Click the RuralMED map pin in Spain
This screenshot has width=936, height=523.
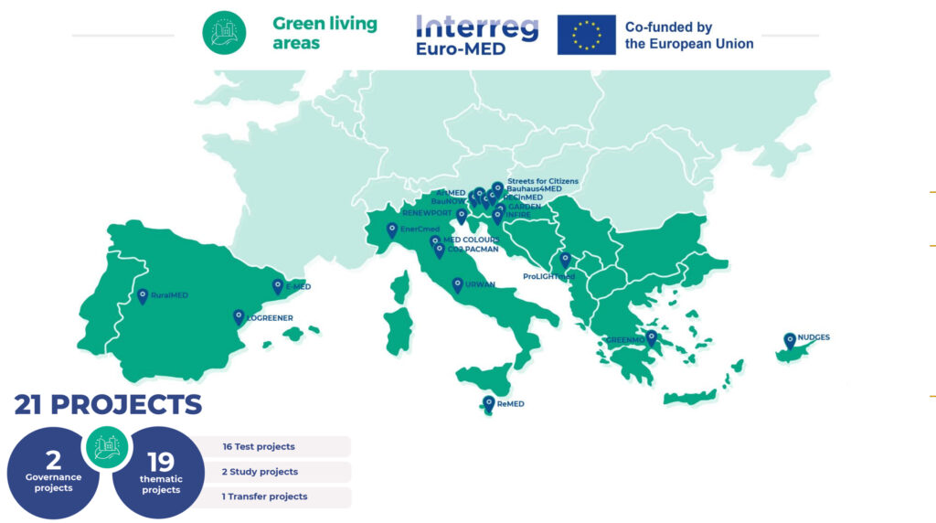pos(143,295)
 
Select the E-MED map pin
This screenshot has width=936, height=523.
pos(278,286)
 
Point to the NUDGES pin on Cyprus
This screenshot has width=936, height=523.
pos(790,340)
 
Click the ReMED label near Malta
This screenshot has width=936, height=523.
pos(511,403)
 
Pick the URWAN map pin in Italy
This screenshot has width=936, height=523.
pos(457,285)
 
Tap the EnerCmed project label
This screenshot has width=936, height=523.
pos(420,229)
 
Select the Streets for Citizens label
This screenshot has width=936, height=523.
pos(542,181)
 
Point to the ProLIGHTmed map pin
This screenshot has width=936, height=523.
pos(565,260)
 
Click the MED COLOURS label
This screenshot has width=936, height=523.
pos(471,240)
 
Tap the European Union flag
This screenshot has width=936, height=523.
pos(586,35)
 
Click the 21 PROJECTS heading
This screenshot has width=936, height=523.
pos(108,404)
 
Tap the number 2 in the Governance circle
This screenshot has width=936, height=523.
pos(53,460)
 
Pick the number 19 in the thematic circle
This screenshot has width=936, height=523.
pos(161,462)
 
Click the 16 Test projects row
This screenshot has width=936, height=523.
pos(274,446)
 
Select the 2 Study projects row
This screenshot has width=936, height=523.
pos(274,472)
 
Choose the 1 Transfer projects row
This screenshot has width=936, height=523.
pos(274,496)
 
